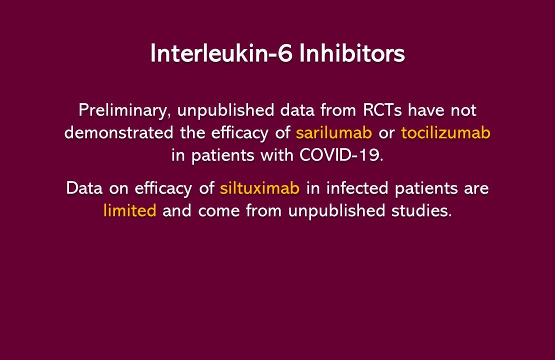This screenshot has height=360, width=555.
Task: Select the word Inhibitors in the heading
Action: (352, 54)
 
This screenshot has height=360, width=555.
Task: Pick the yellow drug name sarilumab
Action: (334, 132)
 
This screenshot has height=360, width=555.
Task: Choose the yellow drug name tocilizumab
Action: (445, 132)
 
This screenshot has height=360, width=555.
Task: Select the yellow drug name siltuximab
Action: (259, 188)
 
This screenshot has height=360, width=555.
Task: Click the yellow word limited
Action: (130, 210)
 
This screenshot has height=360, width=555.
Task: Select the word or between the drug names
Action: (386, 132)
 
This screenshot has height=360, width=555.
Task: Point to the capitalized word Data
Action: (83, 188)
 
